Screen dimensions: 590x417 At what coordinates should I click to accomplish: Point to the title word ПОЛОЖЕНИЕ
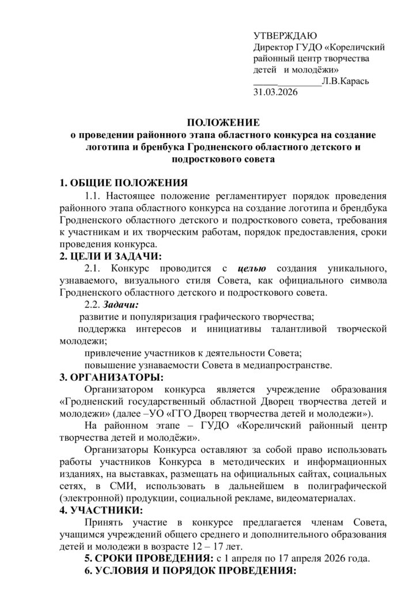click(x=222, y=122)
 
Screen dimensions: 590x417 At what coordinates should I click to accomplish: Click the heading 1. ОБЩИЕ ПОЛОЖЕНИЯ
click(x=124, y=184)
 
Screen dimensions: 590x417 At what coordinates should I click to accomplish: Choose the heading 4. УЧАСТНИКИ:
click(x=102, y=510)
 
